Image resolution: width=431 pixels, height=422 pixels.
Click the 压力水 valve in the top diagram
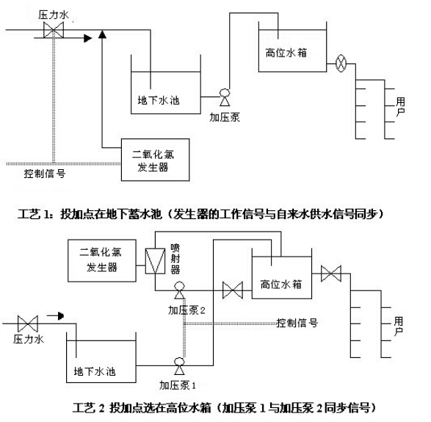click(54, 29)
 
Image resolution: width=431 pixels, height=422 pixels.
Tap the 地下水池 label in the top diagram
click(159, 100)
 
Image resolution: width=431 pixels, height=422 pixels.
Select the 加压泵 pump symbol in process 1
click(225, 97)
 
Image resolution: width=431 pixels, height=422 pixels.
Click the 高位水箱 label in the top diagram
click(286, 53)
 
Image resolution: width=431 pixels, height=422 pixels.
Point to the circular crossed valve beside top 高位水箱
click(341, 63)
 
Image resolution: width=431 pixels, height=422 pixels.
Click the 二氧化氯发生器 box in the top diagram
click(156, 160)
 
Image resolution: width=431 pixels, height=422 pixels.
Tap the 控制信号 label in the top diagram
click(45, 174)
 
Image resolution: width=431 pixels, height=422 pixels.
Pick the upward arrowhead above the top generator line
click(102, 34)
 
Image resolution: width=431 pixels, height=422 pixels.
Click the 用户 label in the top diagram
click(400, 107)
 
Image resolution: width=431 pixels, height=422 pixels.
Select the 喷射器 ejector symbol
click(155, 261)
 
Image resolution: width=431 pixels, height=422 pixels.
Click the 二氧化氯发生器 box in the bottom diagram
click(102, 260)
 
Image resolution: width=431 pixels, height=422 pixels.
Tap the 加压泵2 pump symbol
click(179, 290)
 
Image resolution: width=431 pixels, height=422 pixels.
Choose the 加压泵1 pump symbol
click(179, 366)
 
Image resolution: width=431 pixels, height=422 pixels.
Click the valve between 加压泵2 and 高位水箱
click(233, 290)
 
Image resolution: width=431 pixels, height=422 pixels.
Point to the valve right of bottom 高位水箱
click(331, 273)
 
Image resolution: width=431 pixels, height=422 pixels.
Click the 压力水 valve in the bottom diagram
click(27, 323)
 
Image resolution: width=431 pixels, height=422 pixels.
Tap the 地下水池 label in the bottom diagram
click(95, 371)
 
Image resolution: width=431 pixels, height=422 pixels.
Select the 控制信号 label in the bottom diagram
click(297, 323)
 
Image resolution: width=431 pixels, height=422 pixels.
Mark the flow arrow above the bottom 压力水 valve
click(55, 315)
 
